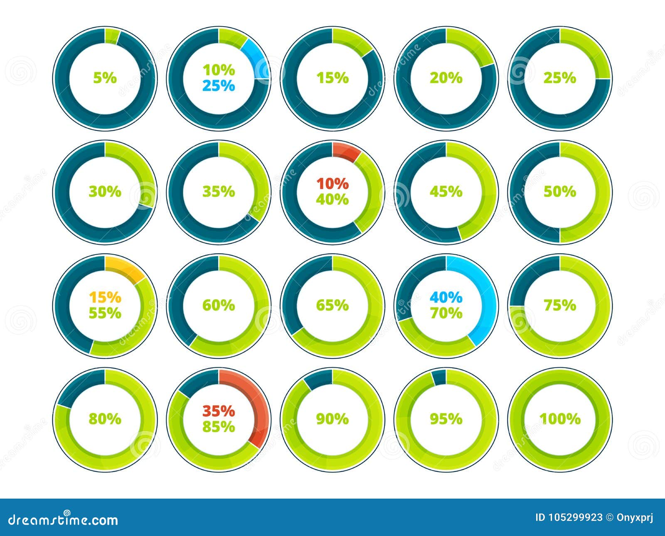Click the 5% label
105,78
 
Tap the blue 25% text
219,86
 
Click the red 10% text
332,183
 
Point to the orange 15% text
105,297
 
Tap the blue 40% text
446,297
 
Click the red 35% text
219,411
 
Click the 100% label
559,419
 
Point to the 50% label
559,192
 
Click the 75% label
559,305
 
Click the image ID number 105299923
574,517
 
